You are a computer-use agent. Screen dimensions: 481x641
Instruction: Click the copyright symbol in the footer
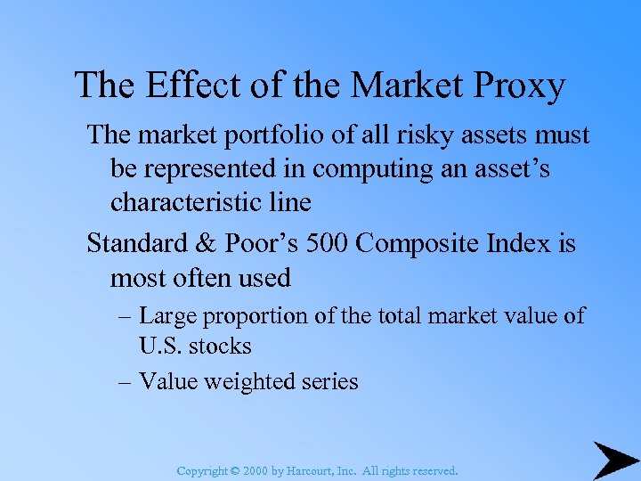234,469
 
